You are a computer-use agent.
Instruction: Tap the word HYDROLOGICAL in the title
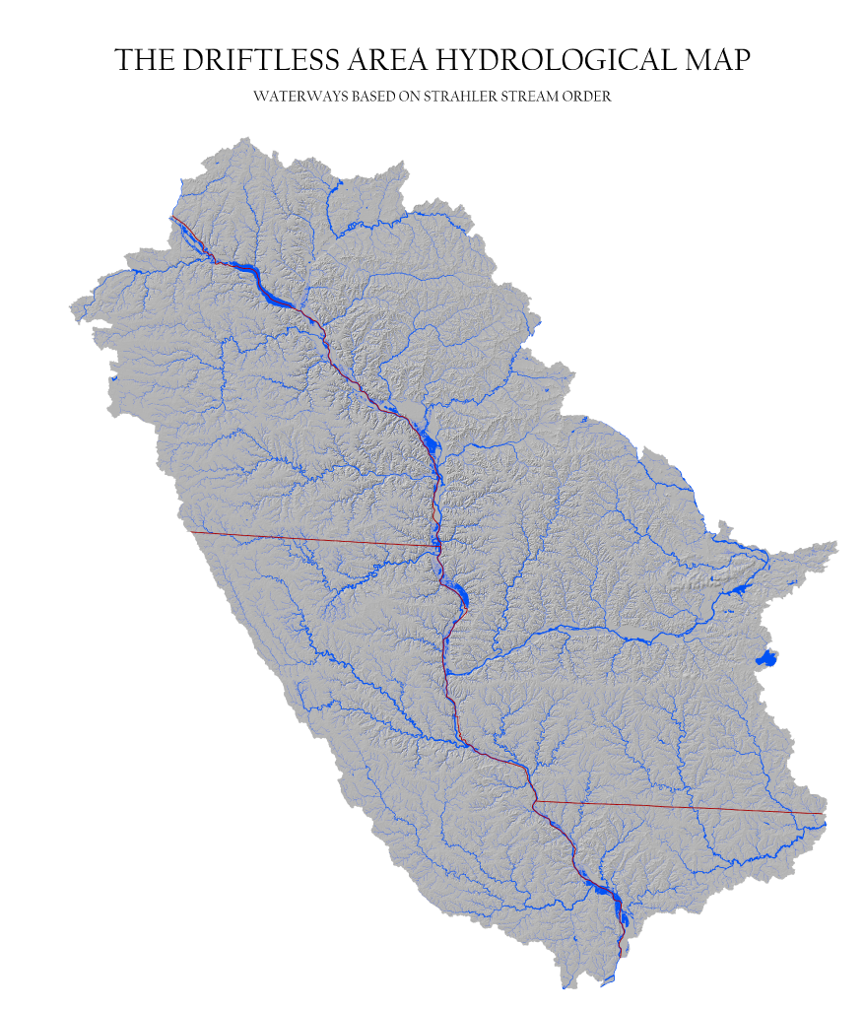[550, 60]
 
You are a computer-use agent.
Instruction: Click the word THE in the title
[143, 60]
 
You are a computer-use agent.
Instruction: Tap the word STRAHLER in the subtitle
[458, 98]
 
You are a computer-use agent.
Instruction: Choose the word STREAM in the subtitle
[532, 98]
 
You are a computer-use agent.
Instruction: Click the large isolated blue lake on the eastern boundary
[765, 658]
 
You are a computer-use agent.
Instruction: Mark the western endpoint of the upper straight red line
[189, 532]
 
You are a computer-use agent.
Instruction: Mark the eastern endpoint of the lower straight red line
[823, 814]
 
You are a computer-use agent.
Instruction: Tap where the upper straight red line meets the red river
[437, 545]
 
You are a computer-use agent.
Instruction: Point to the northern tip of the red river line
[171, 217]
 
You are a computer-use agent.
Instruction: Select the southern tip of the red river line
[619, 954]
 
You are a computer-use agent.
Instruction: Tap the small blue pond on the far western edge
[114, 378]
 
